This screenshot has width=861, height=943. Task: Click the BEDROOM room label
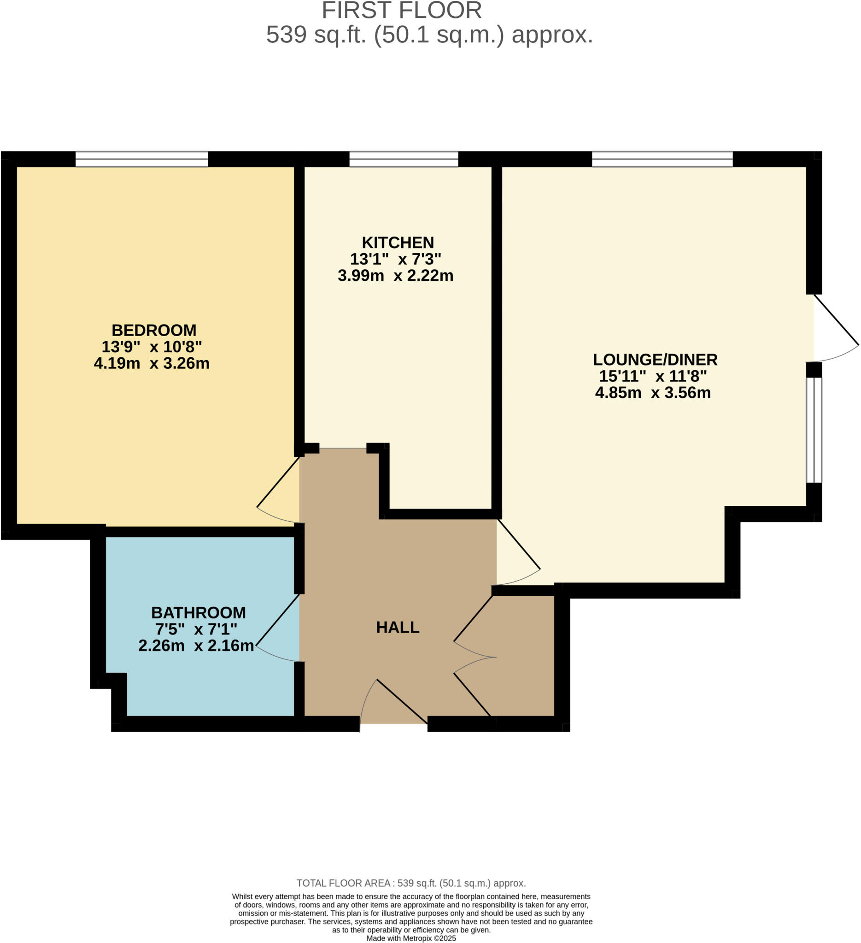[x=154, y=331]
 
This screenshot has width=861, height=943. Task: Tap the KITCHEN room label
[x=398, y=243]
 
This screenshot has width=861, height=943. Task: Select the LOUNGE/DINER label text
[x=655, y=360]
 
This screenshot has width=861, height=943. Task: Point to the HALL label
[x=398, y=627]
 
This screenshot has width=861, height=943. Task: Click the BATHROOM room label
[x=199, y=612]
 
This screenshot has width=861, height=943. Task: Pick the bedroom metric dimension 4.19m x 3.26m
[x=152, y=363]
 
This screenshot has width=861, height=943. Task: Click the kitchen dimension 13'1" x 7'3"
[x=395, y=259]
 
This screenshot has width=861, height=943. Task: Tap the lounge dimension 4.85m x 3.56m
[x=653, y=392]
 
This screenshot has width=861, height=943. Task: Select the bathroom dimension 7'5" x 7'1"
[x=196, y=629]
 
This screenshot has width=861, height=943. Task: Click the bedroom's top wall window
[x=142, y=159]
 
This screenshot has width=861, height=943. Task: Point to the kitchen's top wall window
[x=404, y=159]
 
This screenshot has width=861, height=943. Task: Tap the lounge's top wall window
[x=662, y=159]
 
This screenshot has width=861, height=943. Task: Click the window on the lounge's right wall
[x=814, y=430]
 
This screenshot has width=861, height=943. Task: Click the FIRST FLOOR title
[x=402, y=10]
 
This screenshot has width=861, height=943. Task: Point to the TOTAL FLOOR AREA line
[x=411, y=883]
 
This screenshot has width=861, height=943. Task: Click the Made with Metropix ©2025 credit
[x=411, y=938]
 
